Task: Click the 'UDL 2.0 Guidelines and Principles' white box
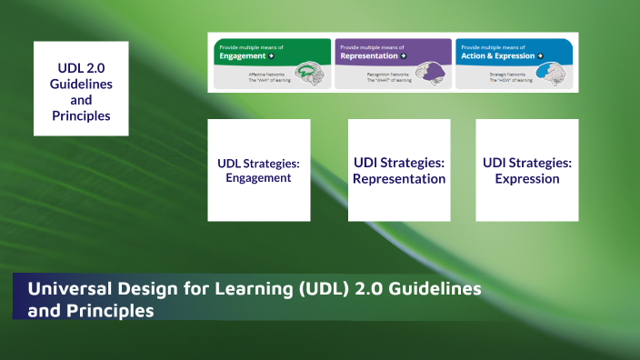click(81, 88)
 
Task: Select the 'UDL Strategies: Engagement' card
click(258, 170)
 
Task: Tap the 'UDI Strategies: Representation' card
click(399, 170)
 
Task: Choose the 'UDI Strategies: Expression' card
click(527, 170)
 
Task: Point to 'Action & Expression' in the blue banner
click(496, 55)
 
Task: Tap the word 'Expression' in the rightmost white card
click(527, 179)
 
